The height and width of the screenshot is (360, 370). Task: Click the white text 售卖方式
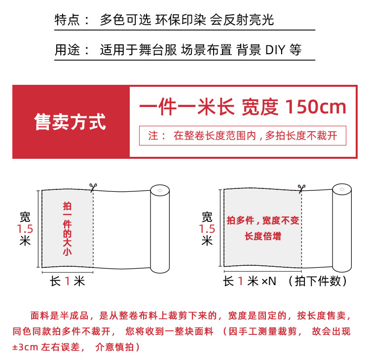click(x=70, y=122)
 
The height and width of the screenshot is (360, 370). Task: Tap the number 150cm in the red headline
click(x=316, y=107)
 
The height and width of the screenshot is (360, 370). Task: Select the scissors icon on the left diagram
click(x=92, y=187)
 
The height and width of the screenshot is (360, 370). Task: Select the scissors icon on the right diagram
click(x=300, y=188)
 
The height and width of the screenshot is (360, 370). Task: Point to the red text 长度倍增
click(x=262, y=236)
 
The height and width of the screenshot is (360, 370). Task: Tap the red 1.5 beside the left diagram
click(x=25, y=229)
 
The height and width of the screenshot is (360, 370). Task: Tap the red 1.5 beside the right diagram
click(x=207, y=229)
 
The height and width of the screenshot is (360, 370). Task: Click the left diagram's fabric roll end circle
click(x=159, y=191)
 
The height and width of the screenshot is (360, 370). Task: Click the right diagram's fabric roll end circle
click(x=341, y=191)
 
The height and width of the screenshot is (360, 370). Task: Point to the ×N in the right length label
click(x=269, y=282)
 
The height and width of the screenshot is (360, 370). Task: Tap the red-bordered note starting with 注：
click(x=242, y=136)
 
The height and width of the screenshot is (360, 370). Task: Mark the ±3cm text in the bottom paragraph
click(x=24, y=347)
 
